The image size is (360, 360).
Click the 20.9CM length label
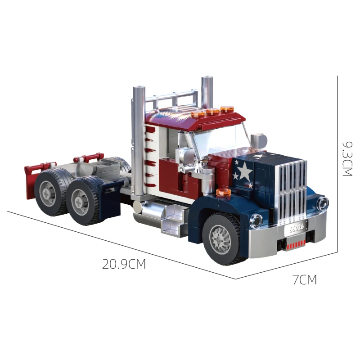pos(124,264)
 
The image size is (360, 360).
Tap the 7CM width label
pos(305,280)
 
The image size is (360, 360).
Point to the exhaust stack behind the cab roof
pos(207,92)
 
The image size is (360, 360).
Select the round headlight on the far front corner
pos(323,204)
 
